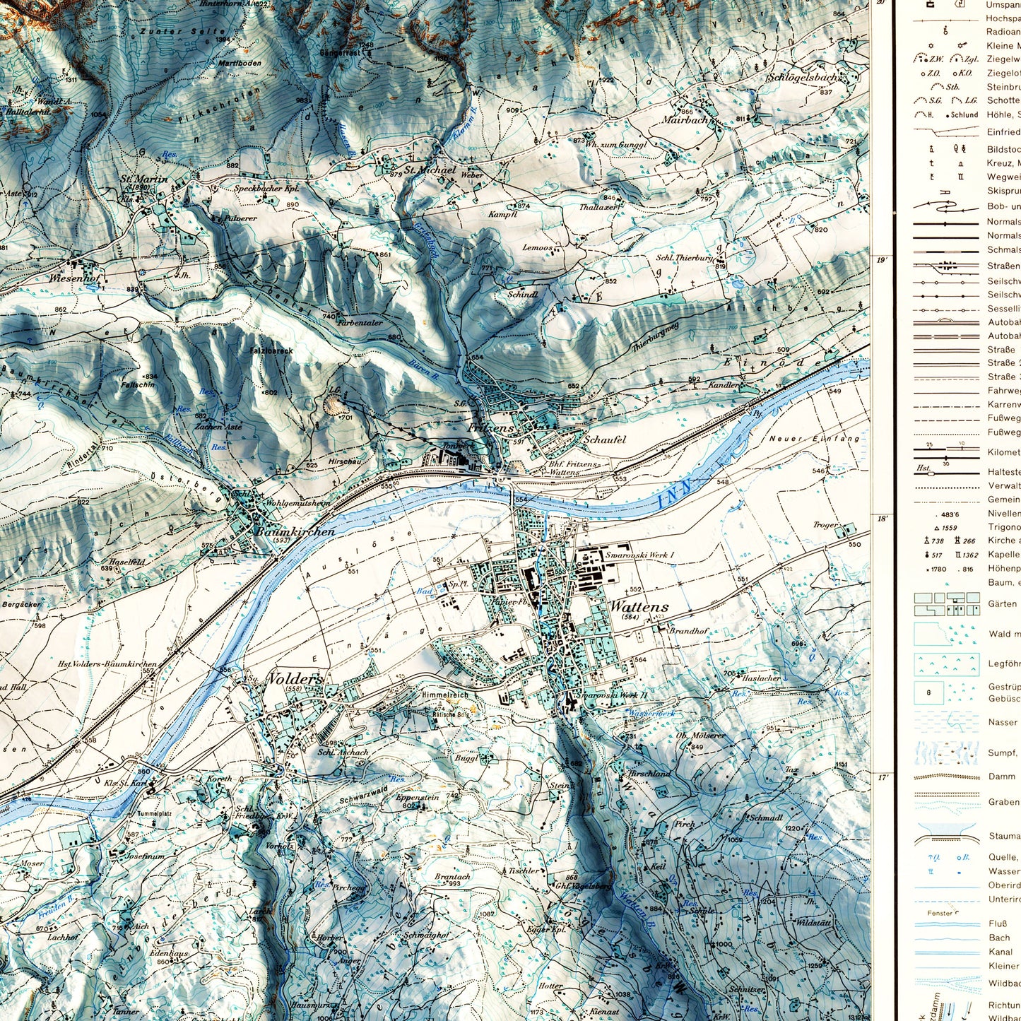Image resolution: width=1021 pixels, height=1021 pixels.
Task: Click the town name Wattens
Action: [x=638, y=606]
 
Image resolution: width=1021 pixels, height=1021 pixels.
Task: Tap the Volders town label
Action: [x=295, y=679]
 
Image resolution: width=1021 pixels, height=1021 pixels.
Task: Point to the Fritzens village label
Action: [x=490, y=428]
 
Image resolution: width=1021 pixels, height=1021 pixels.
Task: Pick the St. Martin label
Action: [x=144, y=179]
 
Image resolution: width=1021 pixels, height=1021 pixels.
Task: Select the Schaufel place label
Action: [x=604, y=439]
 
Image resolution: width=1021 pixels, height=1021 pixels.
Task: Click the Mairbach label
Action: [x=684, y=120]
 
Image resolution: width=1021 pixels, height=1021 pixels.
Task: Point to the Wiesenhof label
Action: [x=73, y=278]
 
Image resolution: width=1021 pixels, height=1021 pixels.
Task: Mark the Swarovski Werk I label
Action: [x=639, y=555]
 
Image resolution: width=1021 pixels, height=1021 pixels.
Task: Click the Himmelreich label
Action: [x=444, y=695]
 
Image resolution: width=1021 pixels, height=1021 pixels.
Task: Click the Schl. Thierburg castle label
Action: [x=684, y=258]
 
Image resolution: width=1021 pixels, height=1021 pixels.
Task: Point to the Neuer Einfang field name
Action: [x=814, y=439]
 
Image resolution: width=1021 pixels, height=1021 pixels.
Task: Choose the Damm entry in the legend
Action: [x=1001, y=776]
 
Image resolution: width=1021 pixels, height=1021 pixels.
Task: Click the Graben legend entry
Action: [x=1003, y=802]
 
